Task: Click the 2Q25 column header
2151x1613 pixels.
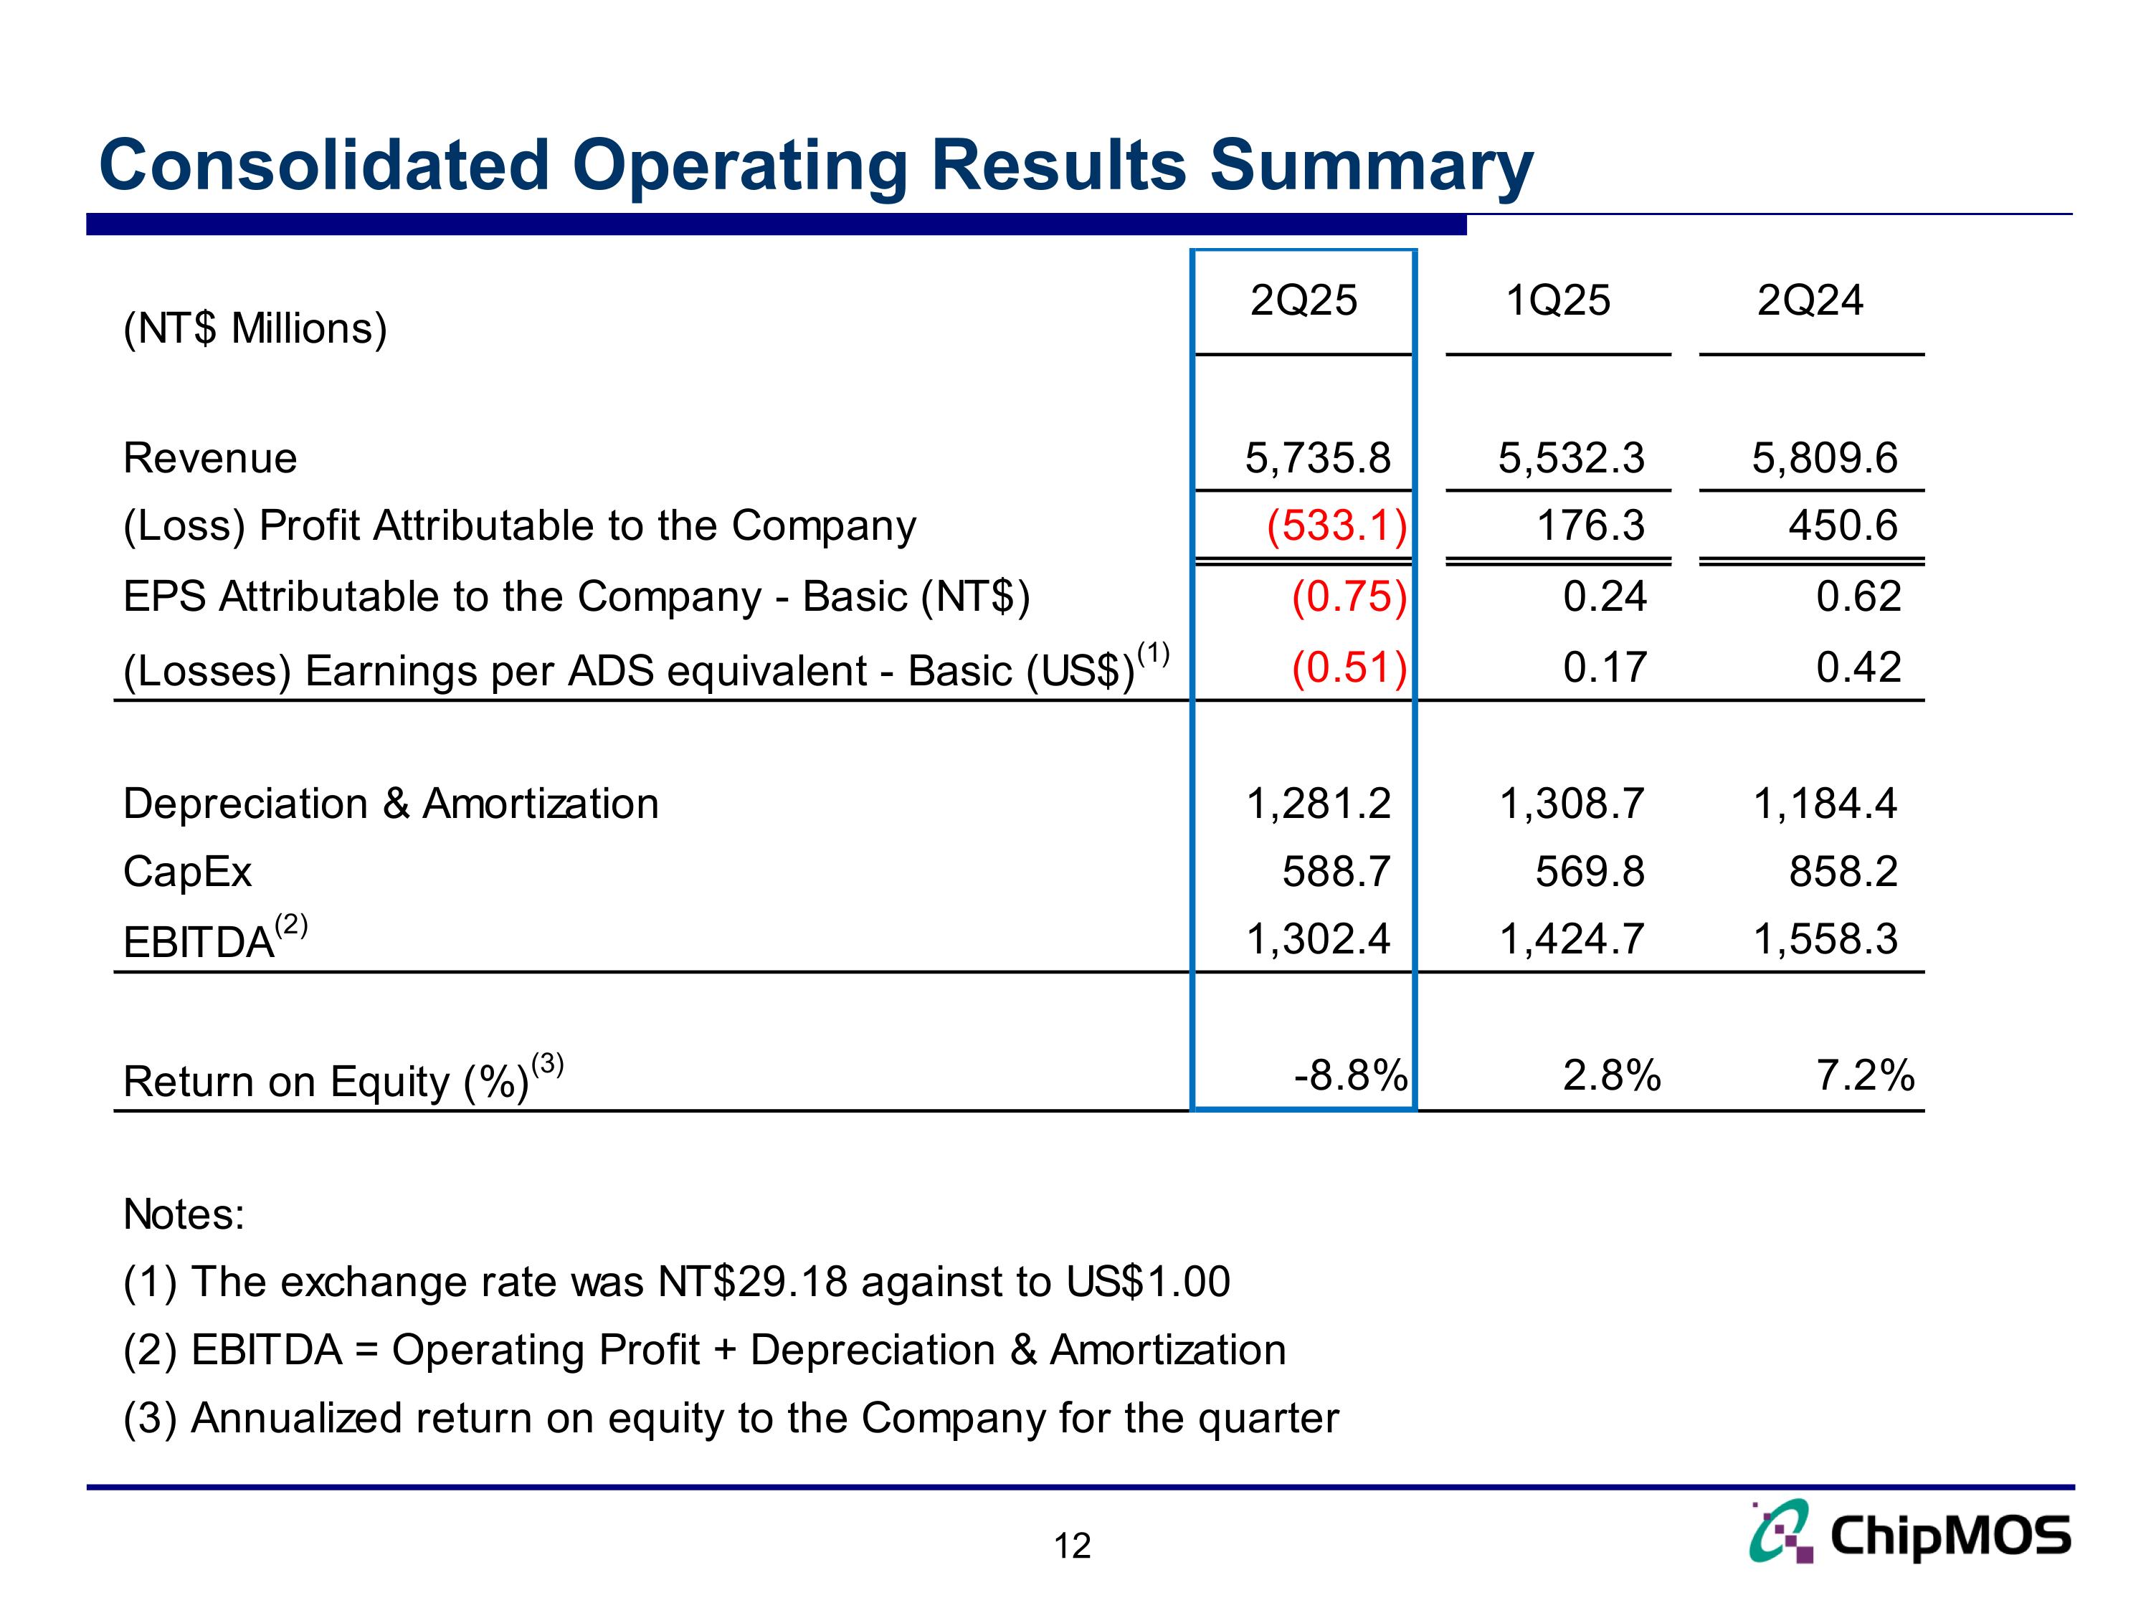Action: coord(1303,300)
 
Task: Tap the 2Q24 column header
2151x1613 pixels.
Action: coord(1810,300)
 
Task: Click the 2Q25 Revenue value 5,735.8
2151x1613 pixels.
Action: coord(1318,458)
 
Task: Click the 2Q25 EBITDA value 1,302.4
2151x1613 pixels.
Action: coord(1318,939)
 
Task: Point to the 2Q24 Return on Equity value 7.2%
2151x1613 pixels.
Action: coord(1865,1076)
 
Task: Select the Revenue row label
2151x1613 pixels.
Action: coord(210,458)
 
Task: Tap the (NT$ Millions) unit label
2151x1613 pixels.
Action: coord(255,328)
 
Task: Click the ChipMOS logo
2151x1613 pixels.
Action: coord(1910,1534)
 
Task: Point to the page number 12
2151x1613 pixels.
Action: coord(1073,1546)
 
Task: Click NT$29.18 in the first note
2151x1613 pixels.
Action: coord(754,1283)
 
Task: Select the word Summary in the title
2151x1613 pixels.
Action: coord(1371,166)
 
